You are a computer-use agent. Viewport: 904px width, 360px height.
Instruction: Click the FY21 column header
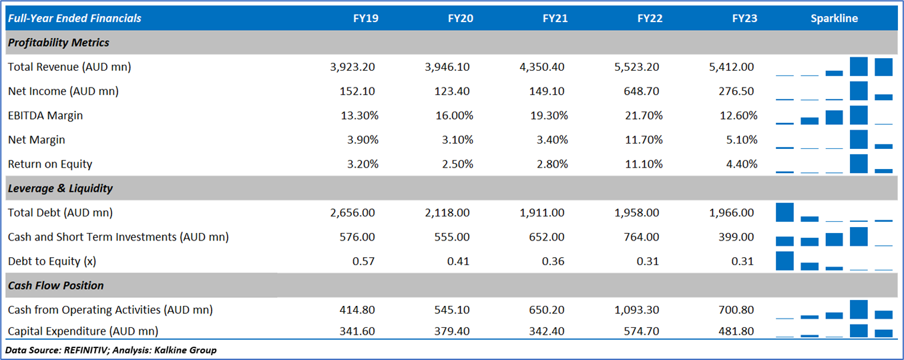point(555,19)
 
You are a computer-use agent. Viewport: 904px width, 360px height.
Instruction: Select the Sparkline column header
point(834,19)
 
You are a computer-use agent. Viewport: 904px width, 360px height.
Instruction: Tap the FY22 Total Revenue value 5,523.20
point(638,67)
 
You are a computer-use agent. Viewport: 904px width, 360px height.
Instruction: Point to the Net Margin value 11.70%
point(644,140)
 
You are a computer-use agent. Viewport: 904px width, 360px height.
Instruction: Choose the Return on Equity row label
point(50,164)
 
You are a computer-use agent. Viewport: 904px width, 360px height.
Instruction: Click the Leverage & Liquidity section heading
point(60,188)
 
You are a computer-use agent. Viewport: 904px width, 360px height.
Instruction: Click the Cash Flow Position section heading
point(55,286)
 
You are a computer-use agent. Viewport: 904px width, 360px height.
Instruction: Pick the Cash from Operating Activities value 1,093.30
point(638,310)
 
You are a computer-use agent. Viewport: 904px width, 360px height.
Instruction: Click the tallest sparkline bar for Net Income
point(859,91)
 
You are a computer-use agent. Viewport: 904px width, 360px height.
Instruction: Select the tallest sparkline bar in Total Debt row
point(784,212)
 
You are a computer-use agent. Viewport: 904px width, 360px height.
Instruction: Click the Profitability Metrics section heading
point(58,43)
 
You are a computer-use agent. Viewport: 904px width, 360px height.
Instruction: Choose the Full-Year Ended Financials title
point(75,19)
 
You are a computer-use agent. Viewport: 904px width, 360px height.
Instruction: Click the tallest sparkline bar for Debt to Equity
point(784,260)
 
